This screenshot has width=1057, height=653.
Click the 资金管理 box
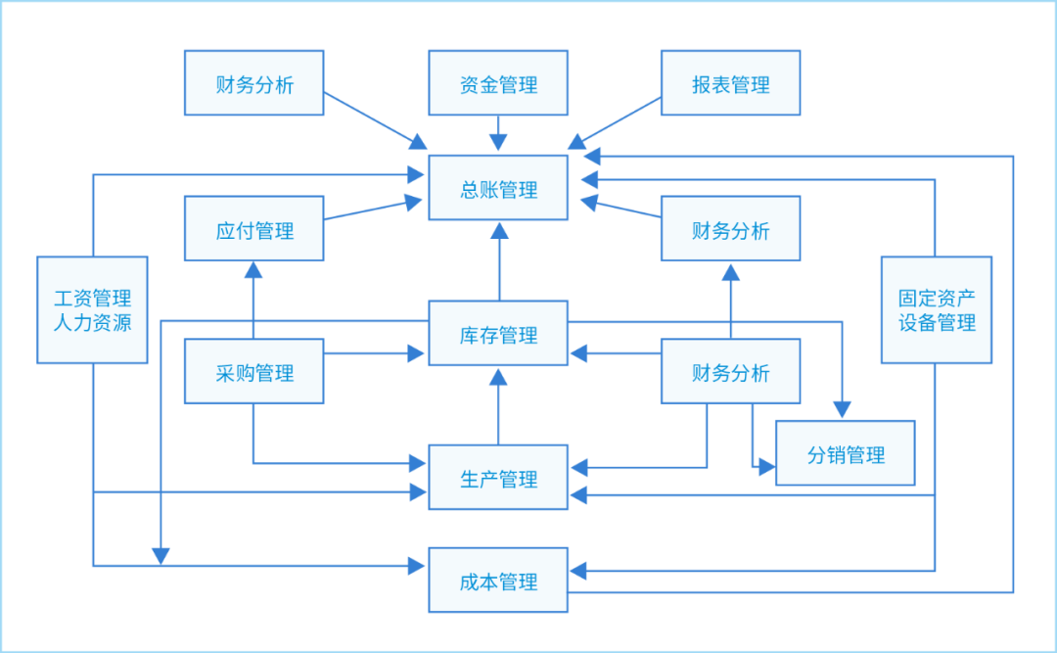[x=498, y=84]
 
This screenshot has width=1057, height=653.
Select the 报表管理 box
[x=730, y=84]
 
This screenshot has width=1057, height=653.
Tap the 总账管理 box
[x=498, y=188]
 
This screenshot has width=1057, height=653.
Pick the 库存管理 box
[x=498, y=334]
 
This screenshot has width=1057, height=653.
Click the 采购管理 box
[x=254, y=372]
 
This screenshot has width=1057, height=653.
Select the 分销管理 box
[x=846, y=453]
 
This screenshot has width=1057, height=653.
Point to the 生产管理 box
[x=498, y=478]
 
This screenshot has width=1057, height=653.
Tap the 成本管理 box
[x=498, y=582]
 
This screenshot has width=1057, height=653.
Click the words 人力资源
[x=93, y=322]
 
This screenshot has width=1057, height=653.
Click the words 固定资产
[x=937, y=298]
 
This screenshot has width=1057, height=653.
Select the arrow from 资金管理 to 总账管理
[x=498, y=134]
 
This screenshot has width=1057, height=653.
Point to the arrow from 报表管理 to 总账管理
[x=615, y=121]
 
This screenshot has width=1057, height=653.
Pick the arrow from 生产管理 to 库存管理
[x=499, y=406]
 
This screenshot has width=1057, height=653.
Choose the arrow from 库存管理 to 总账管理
[x=499, y=261]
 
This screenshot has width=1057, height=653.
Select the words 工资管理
[x=93, y=298]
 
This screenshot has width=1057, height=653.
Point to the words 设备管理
[x=937, y=322]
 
